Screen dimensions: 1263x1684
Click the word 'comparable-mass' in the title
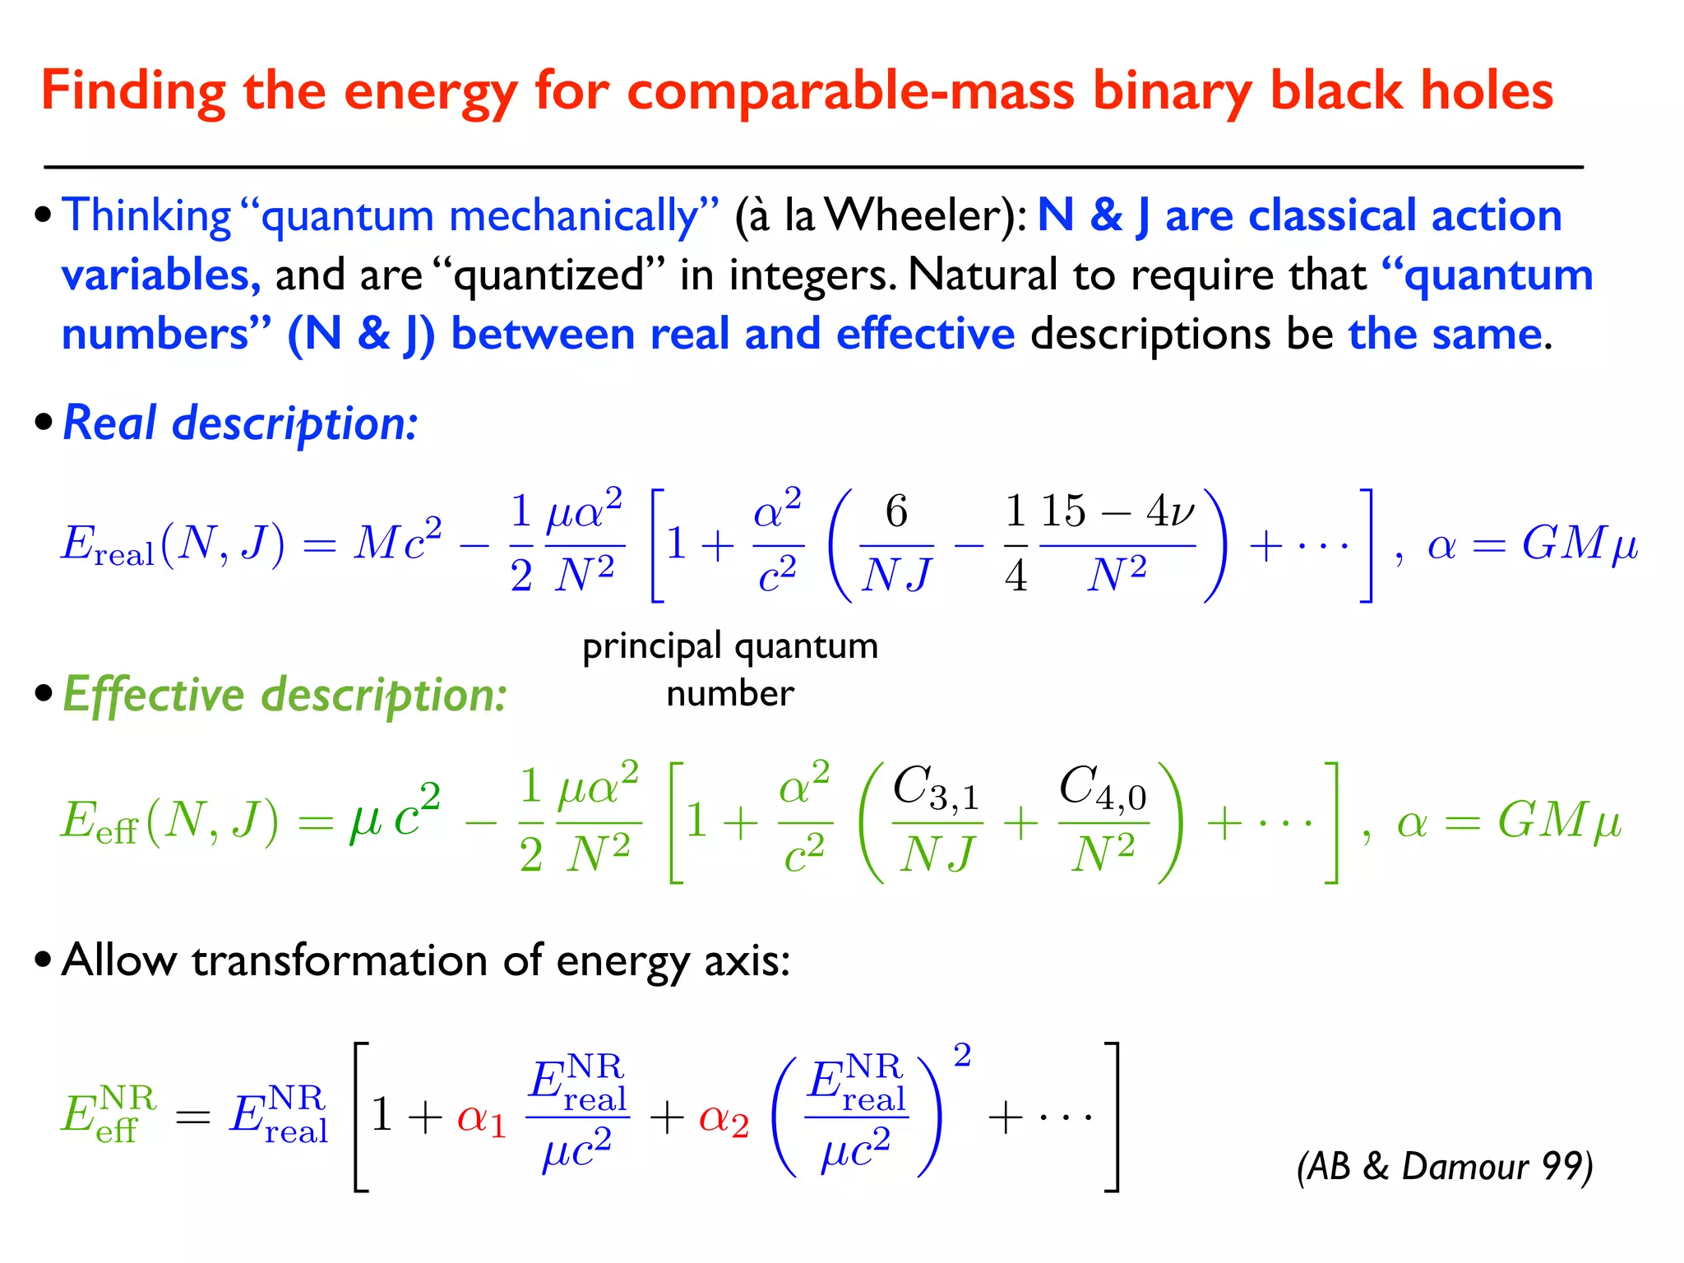coord(850,90)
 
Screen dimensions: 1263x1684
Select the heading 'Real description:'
coord(240,423)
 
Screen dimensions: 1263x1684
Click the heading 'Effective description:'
coord(285,695)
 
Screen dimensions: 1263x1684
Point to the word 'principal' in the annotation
coord(652,647)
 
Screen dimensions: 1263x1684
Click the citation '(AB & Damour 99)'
coord(1444,1166)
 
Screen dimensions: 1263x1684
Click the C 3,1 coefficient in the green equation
coord(936,788)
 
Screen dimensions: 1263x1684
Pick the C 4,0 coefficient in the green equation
coord(1102,788)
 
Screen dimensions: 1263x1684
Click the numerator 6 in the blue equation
coord(896,511)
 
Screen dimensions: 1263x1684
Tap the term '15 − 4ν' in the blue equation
coord(1117,511)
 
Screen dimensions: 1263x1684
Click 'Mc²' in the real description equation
coord(397,543)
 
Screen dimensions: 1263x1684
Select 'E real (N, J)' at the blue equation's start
coord(173,544)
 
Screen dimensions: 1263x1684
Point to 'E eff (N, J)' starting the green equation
coord(169,821)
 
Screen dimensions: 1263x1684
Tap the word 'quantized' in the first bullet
coord(548,275)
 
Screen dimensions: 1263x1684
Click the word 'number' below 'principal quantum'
coord(729,694)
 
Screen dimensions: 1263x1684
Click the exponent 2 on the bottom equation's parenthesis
coord(962,1055)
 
